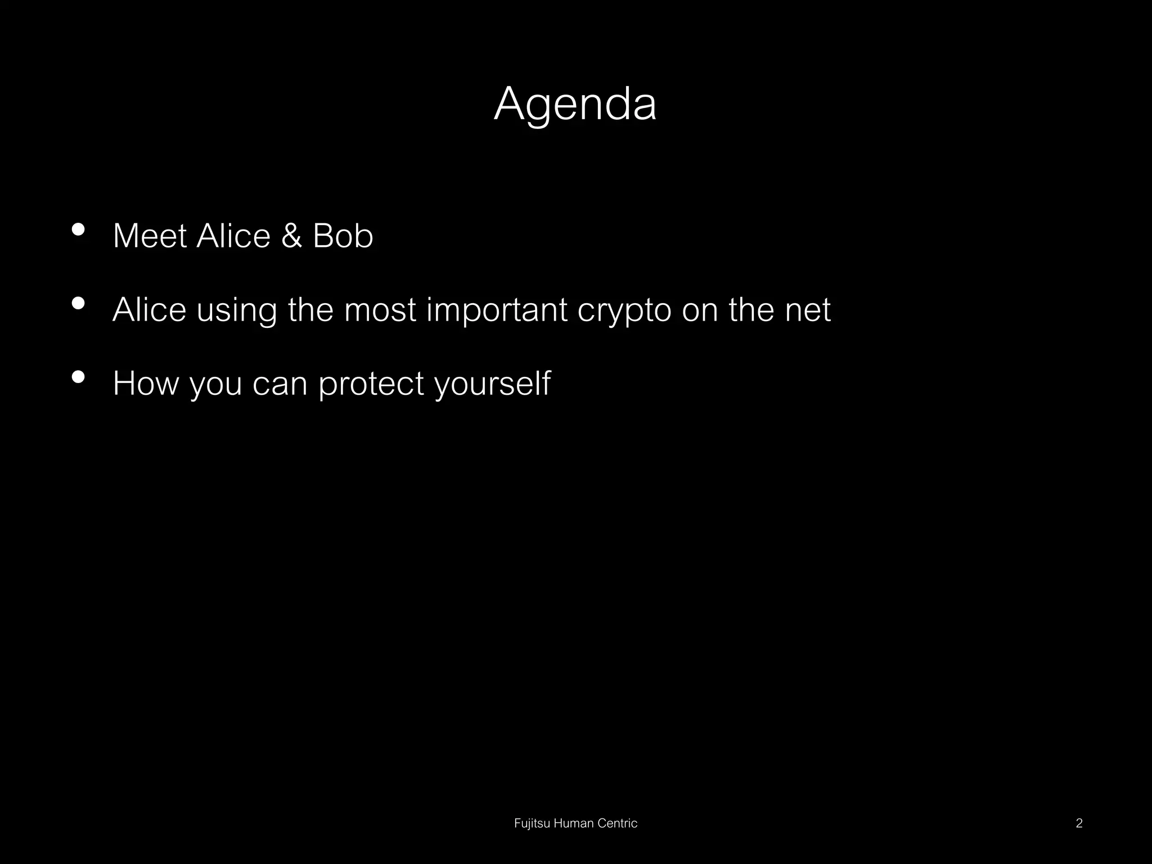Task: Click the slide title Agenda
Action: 575,104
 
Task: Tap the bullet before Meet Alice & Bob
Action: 79,229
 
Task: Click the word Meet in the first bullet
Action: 150,236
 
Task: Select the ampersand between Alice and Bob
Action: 291,236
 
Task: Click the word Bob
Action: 343,236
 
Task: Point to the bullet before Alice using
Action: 79,304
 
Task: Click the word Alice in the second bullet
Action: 149,309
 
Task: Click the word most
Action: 380,310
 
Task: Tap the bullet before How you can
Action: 79,377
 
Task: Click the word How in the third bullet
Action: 145,384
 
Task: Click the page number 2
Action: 1079,823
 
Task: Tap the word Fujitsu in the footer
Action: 532,823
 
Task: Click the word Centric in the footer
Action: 617,823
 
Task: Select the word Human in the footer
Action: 574,823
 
